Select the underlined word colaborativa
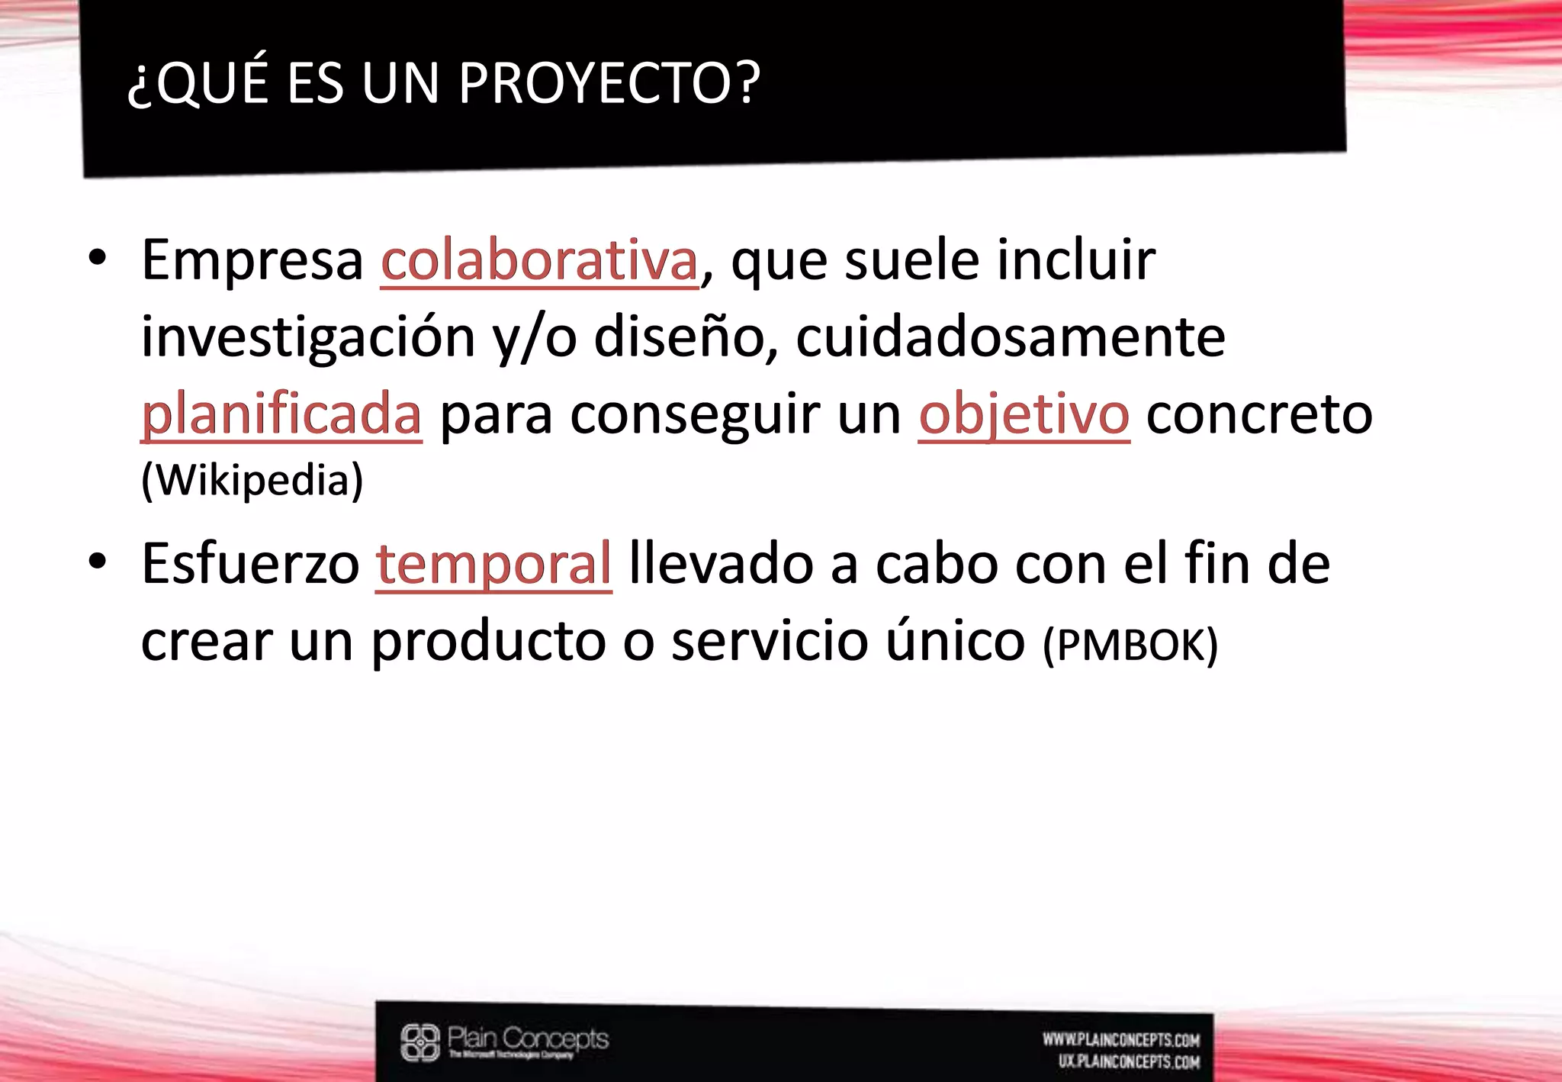[539, 261]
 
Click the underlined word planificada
[281, 414]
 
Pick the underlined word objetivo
[1024, 414]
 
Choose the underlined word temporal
[493, 564]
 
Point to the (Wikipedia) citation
[252, 480]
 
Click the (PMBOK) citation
[1130, 645]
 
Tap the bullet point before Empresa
[97, 258]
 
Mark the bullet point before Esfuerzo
[97, 561]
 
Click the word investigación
[308, 337]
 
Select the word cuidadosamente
[1011, 337]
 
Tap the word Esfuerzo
[250, 564]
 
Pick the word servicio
[770, 641]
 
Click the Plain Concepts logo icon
[420, 1042]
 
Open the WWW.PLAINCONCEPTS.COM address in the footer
[1121, 1040]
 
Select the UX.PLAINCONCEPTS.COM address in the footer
[1129, 1061]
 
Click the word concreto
[1259, 414]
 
